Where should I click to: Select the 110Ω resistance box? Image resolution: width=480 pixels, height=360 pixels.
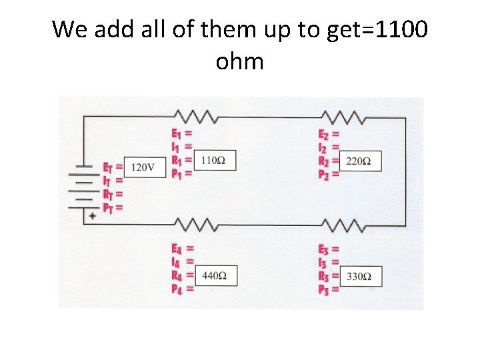(x=214, y=161)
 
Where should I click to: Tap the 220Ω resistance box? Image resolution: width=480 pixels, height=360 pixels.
(x=361, y=161)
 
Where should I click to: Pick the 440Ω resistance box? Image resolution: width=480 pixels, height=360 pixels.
(x=215, y=276)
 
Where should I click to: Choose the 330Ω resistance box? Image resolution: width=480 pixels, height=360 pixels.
(x=361, y=276)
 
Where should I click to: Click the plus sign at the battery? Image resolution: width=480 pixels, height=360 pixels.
(x=92, y=217)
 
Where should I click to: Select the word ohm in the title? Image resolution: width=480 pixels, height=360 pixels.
(x=240, y=62)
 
